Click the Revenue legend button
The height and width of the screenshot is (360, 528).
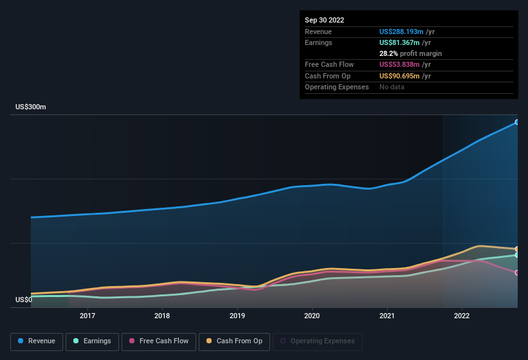coord(37,341)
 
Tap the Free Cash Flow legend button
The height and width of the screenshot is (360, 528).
coord(159,341)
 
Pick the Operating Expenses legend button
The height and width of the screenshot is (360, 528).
coord(317,341)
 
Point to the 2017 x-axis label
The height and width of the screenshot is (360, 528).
coord(87,316)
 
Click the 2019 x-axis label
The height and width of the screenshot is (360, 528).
coord(237,316)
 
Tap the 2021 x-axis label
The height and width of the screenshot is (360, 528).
coord(387,316)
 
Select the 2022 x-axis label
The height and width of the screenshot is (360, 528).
coord(462,316)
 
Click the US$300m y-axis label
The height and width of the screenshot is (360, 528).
coord(31,107)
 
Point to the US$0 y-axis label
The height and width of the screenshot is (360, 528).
coord(24,300)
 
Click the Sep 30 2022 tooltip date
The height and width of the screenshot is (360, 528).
coord(325,20)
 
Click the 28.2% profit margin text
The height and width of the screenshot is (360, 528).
coord(410,53)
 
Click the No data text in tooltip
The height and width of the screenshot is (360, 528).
coord(392,87)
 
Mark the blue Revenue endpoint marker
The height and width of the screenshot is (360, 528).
coord(517,122)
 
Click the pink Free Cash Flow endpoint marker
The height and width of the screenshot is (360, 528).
coord(517,273)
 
